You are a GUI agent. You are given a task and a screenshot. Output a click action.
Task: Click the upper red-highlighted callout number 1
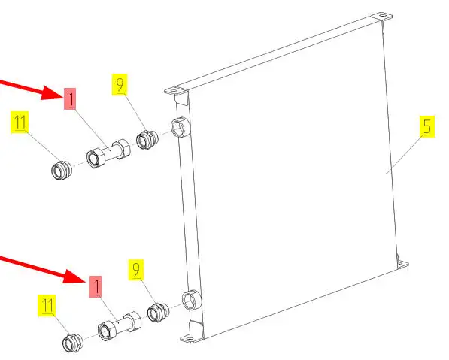70,98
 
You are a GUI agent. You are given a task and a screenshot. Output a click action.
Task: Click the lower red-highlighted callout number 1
96,286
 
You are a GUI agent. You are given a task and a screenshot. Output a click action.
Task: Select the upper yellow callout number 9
120,85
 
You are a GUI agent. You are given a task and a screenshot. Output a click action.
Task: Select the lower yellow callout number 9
136,270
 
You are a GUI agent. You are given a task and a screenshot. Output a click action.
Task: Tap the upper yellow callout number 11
20,123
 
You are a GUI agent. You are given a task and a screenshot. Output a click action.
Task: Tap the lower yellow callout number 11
47,305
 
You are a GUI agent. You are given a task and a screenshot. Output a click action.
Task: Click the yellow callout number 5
427,126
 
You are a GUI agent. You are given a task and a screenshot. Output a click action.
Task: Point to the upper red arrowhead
53,93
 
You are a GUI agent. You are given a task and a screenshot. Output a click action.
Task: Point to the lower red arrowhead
77,277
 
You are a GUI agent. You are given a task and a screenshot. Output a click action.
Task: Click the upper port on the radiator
180,127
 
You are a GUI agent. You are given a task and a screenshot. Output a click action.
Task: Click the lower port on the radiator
191,300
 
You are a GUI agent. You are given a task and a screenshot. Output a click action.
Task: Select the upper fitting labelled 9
147,139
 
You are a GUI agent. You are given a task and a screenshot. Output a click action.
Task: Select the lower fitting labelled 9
158,312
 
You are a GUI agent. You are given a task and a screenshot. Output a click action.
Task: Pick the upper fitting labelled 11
61,171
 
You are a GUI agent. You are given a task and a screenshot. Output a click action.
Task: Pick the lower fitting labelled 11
73,343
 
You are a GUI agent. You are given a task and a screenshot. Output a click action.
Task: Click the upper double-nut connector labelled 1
108,153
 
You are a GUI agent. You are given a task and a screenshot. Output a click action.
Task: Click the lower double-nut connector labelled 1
120,326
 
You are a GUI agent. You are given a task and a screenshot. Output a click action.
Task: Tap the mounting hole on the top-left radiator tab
174,91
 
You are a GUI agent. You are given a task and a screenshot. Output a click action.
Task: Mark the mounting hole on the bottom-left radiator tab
190,339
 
